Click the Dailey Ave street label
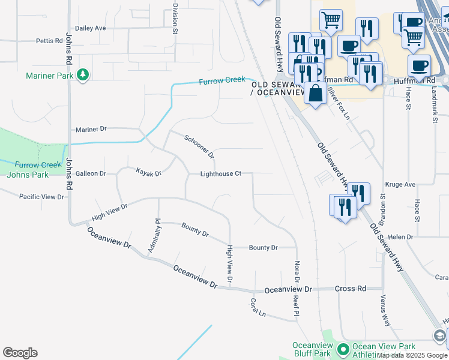pyautogui.click(x=90, y=28)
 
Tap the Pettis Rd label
pyautogui.click(x=49, y=41)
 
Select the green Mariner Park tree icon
pyautogui.click(x=83, y=75)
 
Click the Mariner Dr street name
pyautogui.click(x=91, y=129)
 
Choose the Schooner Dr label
pyautogui.click(x=199, y=146)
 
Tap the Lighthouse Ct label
pyautogui.click(x=220, y=173)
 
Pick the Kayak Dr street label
pyautogui.click(x=149, y=173)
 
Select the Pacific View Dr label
pyautogui.click(x=41, y=197)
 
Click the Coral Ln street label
pyautogui.click(x=258, y=307)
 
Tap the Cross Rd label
pyautogui.click(x=350, y=289)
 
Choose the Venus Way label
pyautogui.click(x=385, y=310)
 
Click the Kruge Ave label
pyautogui.click(x=402, y=185)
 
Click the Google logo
pyautogui.click(x=20, y=353)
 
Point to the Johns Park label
pyautogui.click(x=27, y=175)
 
